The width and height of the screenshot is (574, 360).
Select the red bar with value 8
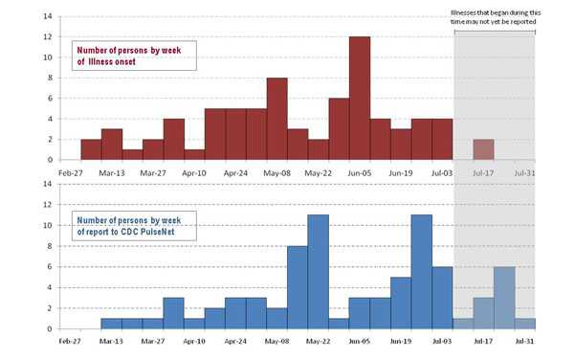(x=276, y=119)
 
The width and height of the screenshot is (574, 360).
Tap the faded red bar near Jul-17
(x=484, y=149)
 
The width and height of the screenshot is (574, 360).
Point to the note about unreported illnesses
(x=494, y=16)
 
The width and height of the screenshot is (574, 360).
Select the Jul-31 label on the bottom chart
(x=524, y=339)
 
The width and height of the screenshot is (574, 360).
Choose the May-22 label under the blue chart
(x=318, y=339)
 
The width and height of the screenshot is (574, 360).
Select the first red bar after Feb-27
(x=91, y=149)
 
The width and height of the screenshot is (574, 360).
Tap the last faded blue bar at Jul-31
(x=525, y=324)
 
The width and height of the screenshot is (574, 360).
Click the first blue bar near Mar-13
(x=111, y=324)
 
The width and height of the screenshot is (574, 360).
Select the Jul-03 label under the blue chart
(x=442, y=339)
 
